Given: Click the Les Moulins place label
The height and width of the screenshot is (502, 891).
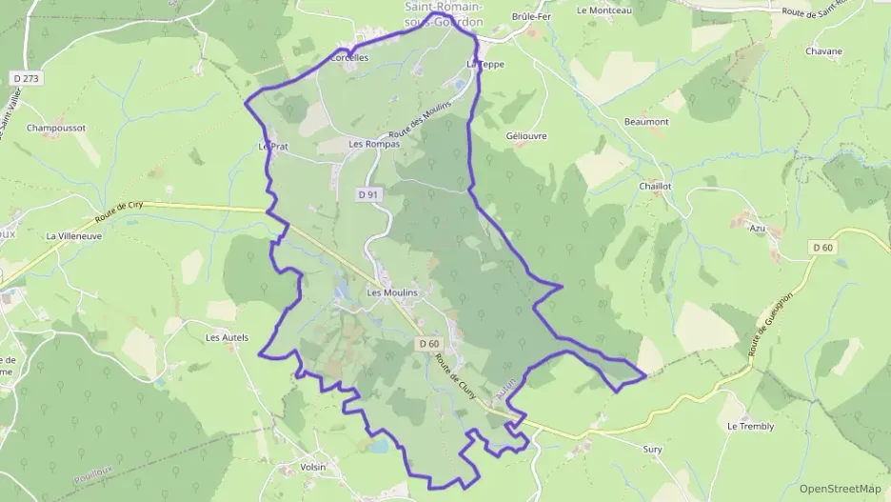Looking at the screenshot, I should coord(392,292).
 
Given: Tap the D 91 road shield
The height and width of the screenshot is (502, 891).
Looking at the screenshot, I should coord(369,194).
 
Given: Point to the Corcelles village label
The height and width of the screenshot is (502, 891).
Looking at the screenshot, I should coord(348,57).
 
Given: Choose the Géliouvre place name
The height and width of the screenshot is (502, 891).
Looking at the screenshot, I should coord(527,136).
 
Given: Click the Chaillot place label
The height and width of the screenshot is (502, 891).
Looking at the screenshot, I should coord(657,187).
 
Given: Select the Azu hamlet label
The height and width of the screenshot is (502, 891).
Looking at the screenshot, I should coord(758,229).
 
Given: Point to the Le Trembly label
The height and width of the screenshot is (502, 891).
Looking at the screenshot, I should coord(750,427).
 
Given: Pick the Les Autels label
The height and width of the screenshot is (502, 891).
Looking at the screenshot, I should coord(228,337).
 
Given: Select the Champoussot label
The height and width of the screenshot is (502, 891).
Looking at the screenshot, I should coord(56,128).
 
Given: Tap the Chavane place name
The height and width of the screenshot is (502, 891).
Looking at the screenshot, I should coord(823,51).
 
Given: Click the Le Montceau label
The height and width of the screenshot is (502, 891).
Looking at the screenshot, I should coord(604,10).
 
